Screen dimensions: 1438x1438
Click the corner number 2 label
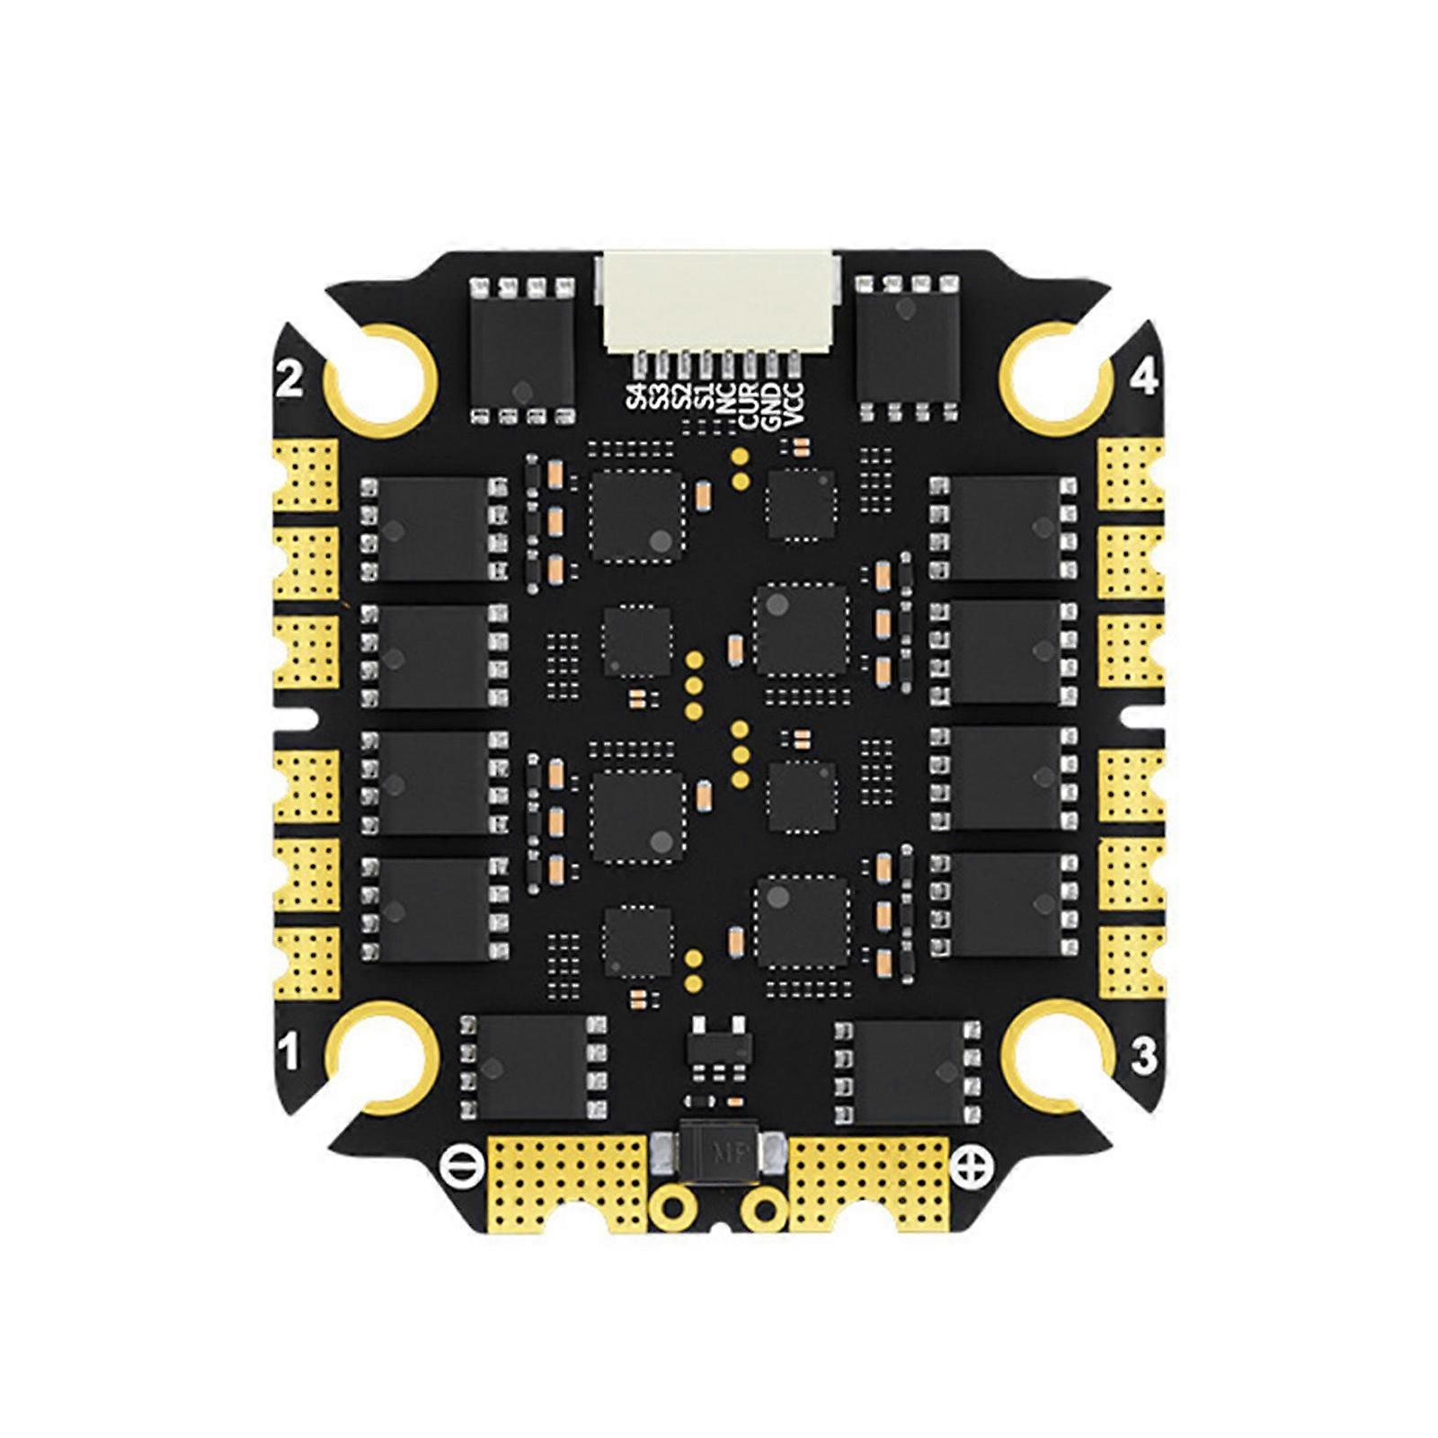click(288, 380)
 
